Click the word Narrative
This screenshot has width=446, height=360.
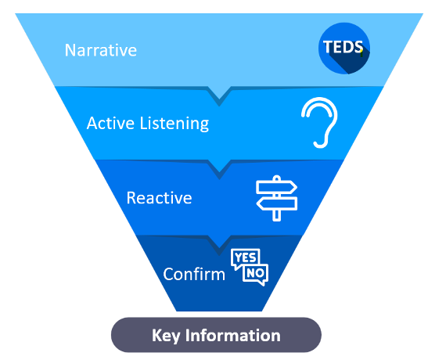click(101, 50)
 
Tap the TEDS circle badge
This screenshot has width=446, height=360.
click(344, 48)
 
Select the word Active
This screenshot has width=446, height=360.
click(110, 123)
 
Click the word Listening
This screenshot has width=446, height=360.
click(174, 124)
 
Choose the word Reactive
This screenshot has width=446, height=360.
click(160, 198)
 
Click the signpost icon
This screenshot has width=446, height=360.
click(276, 198)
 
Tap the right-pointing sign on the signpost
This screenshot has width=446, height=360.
click(276, 187)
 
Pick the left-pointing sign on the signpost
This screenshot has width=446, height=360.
click(277, 203)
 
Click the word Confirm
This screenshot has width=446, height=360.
click(194, 275)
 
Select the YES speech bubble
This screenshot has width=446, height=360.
click(245, 258)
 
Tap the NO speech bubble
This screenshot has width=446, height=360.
click(256, 274)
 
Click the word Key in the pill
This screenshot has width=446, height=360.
click(166, 336)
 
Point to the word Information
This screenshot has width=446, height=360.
click(233, 335)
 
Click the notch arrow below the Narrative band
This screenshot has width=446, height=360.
click(219, 96)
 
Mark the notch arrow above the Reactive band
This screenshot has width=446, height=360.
click(219, 169)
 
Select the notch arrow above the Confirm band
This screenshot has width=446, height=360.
click(219, 245)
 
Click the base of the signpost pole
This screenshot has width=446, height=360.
click(276, 218)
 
